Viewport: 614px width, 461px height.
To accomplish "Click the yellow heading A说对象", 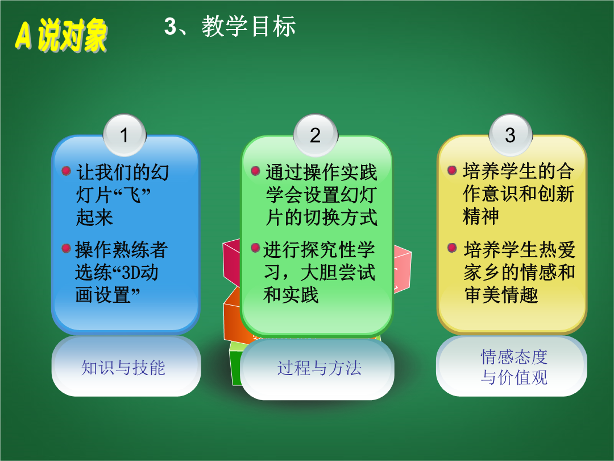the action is point(61,35).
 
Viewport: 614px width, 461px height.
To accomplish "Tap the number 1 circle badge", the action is point(125,135).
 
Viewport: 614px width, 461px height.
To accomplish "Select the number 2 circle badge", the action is point(316,135).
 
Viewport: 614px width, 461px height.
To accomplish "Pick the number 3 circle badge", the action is point(510,135).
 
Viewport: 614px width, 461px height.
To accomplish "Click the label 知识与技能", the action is point(123,368).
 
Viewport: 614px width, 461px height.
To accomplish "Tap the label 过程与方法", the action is point(319,368).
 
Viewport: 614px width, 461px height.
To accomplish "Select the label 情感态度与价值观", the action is point(514,367).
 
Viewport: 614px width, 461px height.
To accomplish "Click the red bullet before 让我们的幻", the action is point(66,171).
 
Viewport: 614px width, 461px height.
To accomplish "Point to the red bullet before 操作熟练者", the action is point(66,248).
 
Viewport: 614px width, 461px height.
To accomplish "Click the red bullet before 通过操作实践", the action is point(255,171).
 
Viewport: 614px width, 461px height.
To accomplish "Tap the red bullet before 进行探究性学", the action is point(255,248).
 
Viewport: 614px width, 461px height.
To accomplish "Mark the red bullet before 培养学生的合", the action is point(452,170).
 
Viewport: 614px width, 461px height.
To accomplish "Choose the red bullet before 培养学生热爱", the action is point(452,248).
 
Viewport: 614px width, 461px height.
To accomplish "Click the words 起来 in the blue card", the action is point(94,217).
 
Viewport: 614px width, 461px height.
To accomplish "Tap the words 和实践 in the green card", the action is point(291,295).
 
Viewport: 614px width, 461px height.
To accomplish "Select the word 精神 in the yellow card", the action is point(481,216).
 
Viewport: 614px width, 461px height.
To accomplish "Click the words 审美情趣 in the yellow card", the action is point(501,295).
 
